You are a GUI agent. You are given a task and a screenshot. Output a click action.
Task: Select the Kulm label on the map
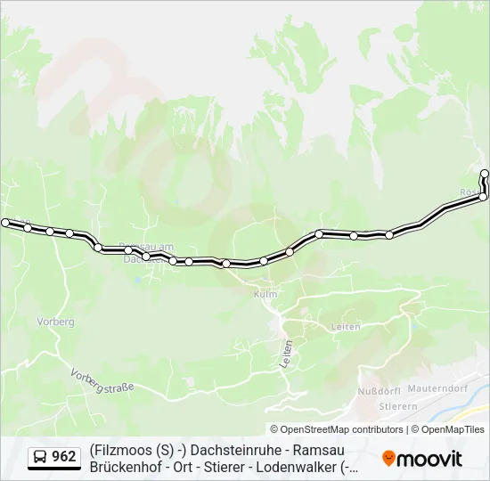(x=265, y=294)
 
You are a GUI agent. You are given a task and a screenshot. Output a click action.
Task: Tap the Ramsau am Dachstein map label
(x=145, y=252)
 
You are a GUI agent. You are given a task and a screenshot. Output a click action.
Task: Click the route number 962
(x=64, y=457)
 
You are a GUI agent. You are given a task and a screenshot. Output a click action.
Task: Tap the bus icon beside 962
(x=41, y=457)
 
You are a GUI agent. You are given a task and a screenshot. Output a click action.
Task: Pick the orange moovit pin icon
(x=388, y=458)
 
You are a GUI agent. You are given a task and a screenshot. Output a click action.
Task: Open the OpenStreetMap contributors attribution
(x=341, y=429)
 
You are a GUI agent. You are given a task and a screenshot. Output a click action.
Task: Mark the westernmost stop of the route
(x=5, y=222)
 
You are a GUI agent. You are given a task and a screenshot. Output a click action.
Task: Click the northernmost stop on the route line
(x=485, y=173)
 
